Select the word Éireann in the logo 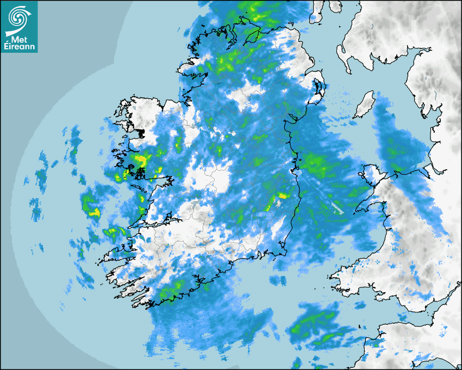[x=19, y=46]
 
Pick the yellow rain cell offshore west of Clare [x=95, y=212]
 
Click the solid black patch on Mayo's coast [x=141, y=132]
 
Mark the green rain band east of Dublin [x=317, y=164]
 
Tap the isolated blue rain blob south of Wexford [x=278, y=280]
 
